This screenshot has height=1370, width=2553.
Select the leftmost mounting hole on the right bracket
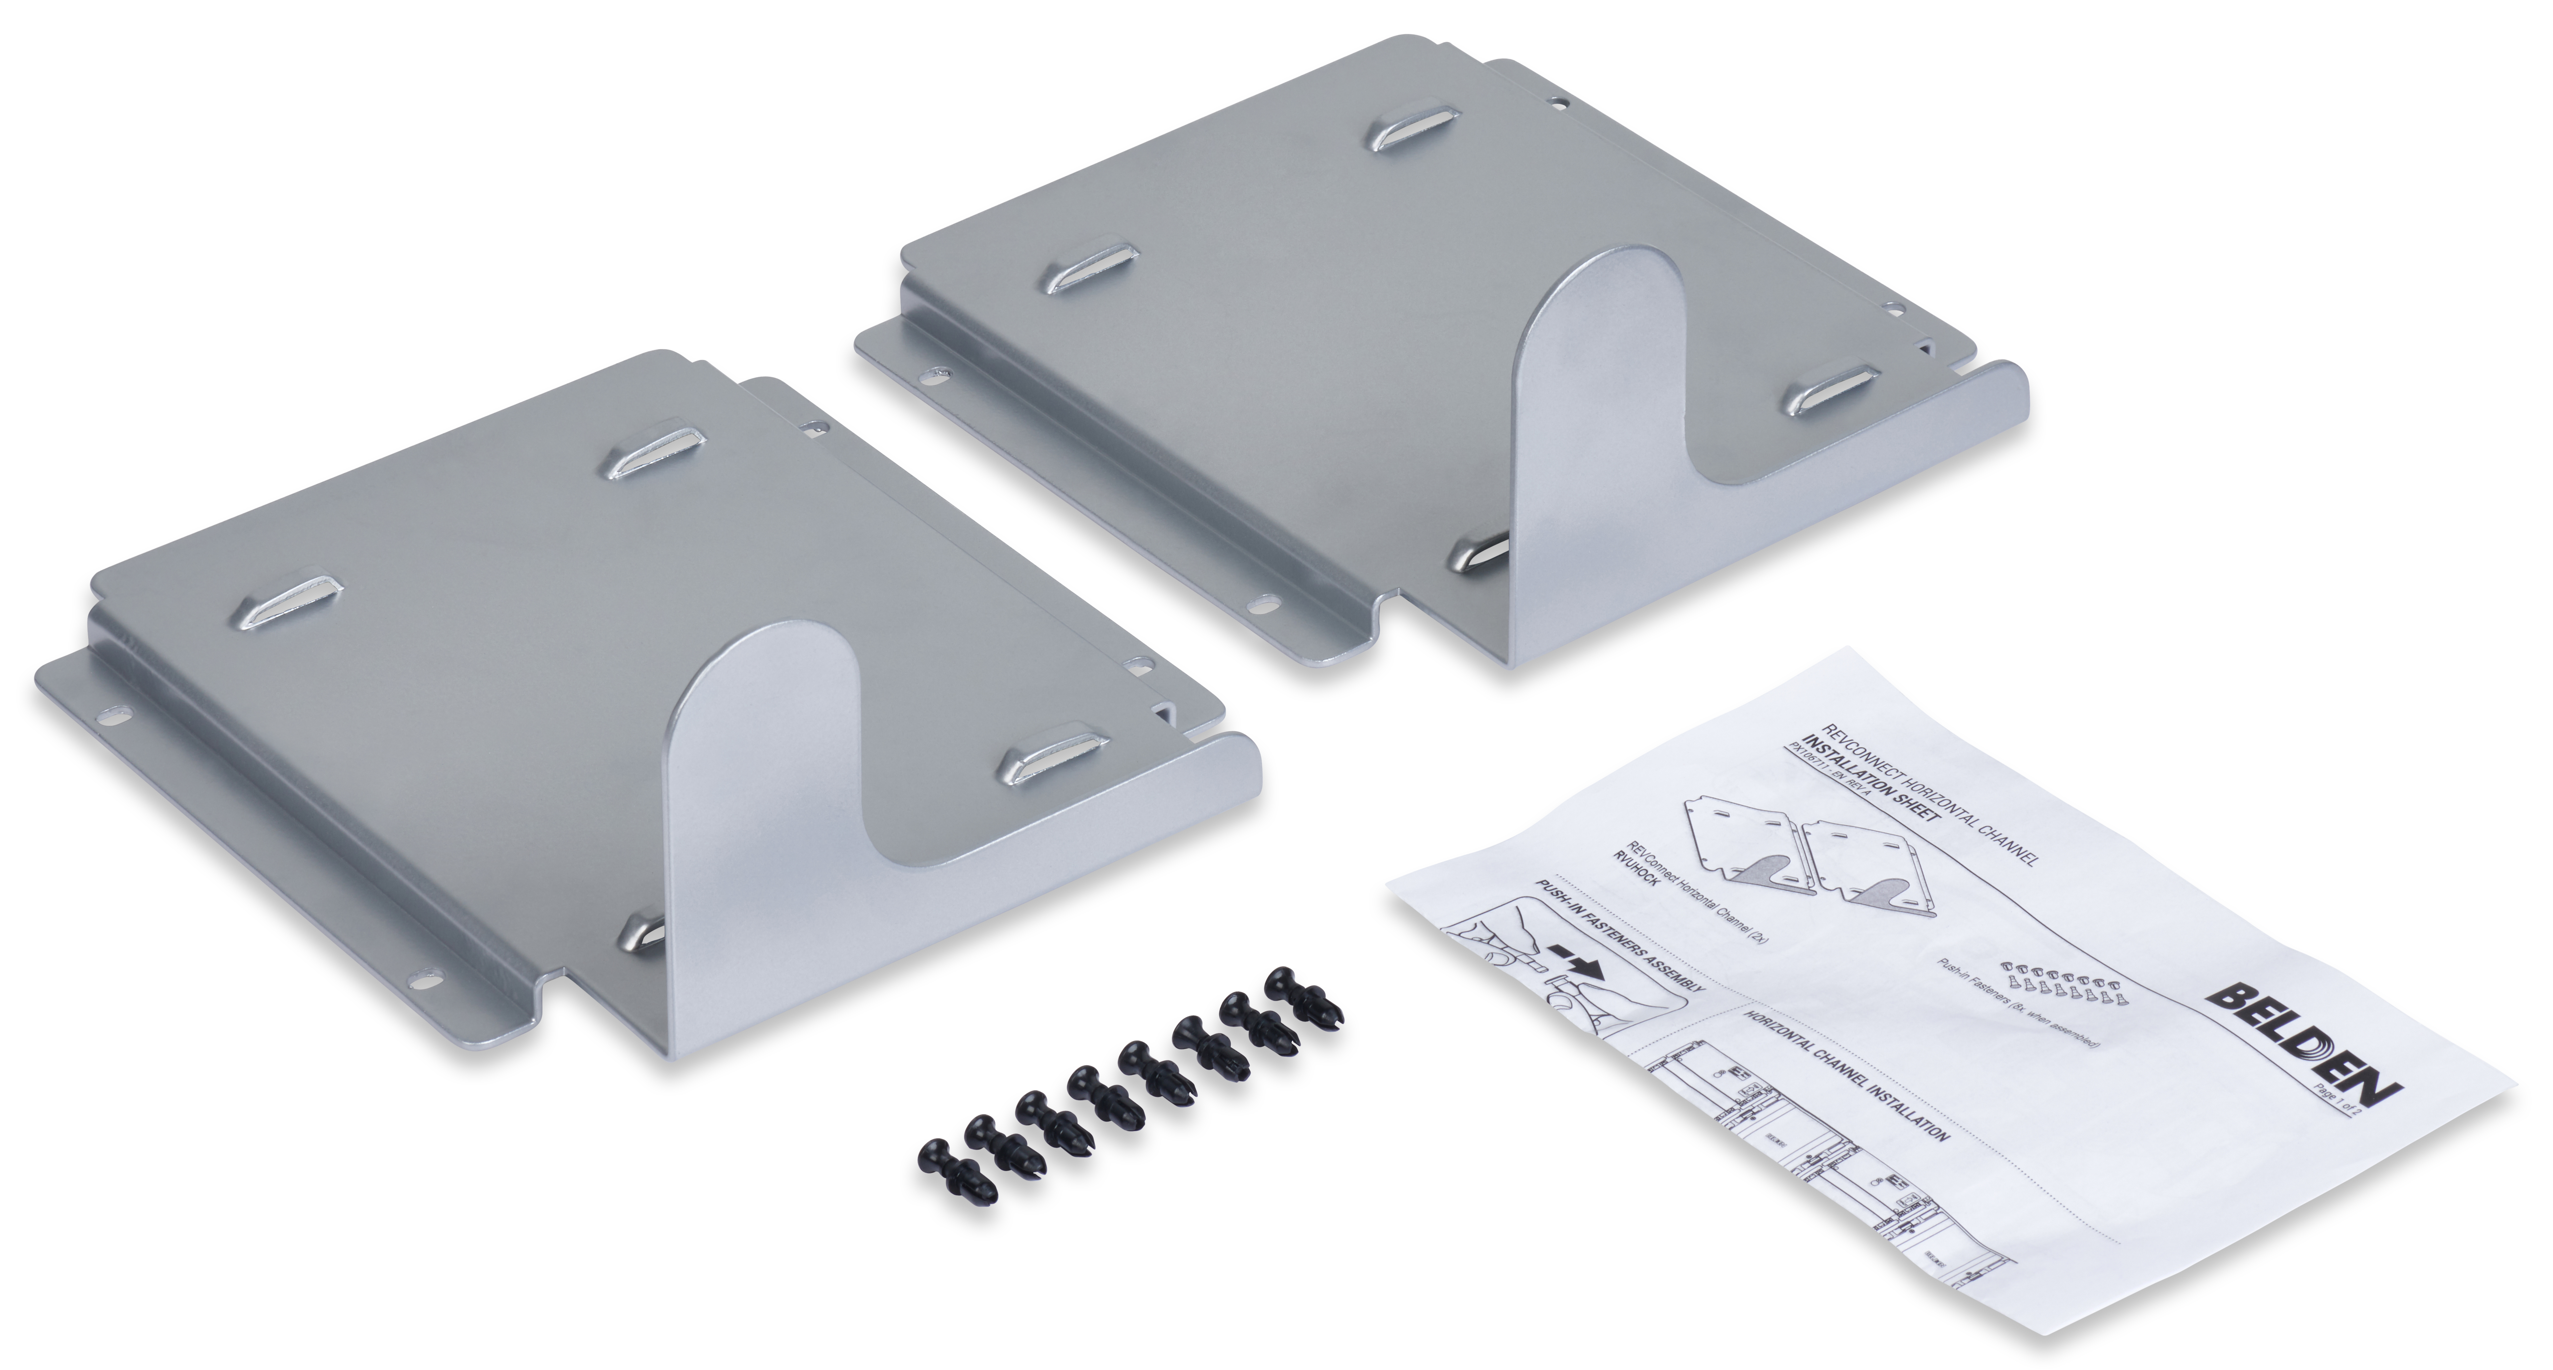point(934,377)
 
